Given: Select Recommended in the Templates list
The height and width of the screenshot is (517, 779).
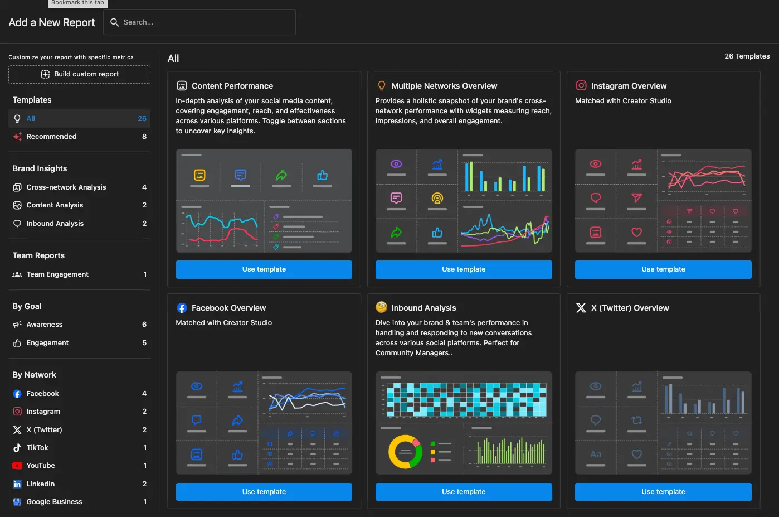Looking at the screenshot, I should tap(51, 137).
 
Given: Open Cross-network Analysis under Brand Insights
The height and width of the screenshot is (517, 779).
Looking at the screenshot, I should tap(66, 187).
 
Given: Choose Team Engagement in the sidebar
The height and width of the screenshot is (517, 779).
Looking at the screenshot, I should tap(57, 274).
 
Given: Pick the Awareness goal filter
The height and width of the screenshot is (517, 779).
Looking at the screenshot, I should tap(45, 325).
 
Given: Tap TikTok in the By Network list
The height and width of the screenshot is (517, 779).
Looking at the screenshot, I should tap(37, 448).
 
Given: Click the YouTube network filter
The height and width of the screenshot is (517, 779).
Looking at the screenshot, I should tap(41, 466).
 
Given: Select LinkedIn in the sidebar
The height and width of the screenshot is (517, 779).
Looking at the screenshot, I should tap(41, 484).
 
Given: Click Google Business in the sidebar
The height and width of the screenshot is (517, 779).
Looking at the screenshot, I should tap(54, 502).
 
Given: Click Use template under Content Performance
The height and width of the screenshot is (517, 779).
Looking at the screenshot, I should tap(264, 269).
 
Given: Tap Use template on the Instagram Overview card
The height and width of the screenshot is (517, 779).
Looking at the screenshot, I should tap(663, 269).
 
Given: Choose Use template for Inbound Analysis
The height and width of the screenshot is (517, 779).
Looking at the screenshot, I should tap(464, 492).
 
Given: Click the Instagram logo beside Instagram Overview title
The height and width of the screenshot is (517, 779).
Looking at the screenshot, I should tap(581, 85).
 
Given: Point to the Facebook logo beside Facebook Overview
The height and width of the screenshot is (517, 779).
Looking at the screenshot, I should tap(182, 308).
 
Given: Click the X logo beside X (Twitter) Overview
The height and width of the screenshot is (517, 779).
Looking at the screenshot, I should tap(581, 308).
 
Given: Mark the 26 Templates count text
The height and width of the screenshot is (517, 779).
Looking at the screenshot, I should tap(747, 56).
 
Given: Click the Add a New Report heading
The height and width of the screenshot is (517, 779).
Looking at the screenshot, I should tap(52, 23).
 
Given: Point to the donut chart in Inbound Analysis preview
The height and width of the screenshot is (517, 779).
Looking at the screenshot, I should tap(406, 452).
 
